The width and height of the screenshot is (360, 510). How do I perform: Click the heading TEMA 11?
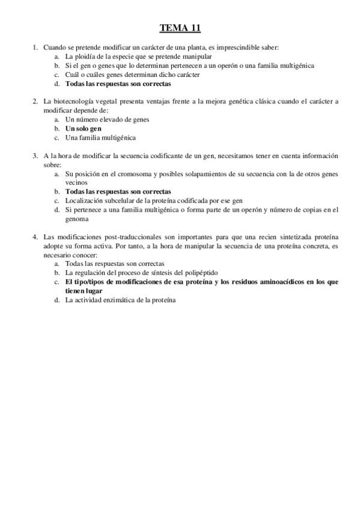[180, 28]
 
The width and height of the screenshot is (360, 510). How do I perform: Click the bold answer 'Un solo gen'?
[84, 129]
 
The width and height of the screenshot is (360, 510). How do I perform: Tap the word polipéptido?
[184, 272]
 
